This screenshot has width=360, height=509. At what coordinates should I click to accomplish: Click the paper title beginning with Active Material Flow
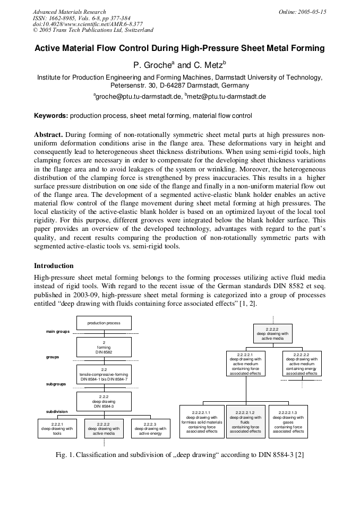pyautogui.click(x=179, y=48)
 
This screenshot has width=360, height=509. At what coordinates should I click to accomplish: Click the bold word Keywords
pyautogui.click(x=51, y=115)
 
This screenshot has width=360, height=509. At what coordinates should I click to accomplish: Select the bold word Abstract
pyautogui.click(x=49, y=134)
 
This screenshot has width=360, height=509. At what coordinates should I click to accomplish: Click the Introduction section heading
pyautogui.click(x=54, y=265)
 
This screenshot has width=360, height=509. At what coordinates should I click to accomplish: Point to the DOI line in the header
pyautogui.click(x=88, y=24)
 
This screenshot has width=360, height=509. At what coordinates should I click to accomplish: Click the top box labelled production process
pyautogui.click(x=104, y=323)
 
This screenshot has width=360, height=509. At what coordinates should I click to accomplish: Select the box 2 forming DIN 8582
pyautogui.click(x=104, y=347)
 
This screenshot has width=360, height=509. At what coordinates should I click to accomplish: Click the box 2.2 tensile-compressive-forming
pyautogui.click(x=104, y=374)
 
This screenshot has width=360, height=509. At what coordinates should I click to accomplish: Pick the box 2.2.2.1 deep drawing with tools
pyautogui.click(x=58, y=428)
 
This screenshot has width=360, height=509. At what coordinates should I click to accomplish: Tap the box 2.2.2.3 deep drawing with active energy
pyautogui.click(x=150, y=428)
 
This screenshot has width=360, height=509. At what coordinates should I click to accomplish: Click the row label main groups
pyautogui.click(x=58, y=332)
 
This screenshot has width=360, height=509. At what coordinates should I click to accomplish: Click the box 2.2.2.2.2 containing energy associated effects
pyautogui.click(x=301, y=364)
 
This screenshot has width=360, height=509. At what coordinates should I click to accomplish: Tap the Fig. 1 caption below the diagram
pyautogui.click(x=179, y=454)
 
